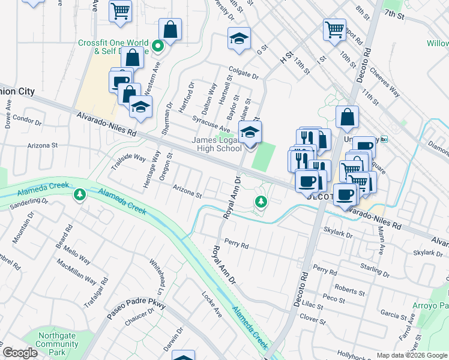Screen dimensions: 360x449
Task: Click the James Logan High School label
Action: point(217,145)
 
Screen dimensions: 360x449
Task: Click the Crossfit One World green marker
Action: point(158,46)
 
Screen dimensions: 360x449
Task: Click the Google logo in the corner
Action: point(20,353)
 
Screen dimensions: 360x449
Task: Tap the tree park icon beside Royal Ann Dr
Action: point(261,202)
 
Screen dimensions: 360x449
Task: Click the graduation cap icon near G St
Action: point(239,40)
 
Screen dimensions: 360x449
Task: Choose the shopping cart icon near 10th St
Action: point(334,29)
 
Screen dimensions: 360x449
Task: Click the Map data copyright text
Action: point(412,355)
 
